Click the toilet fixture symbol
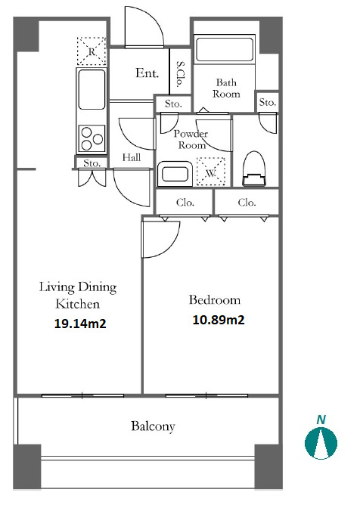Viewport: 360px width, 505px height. click(255, 169)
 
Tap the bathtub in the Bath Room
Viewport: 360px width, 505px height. click(225, 50)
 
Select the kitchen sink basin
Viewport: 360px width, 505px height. click(92, 89)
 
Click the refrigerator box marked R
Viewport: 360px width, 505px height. click(92, 51)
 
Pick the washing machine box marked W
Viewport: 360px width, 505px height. click(211, 172)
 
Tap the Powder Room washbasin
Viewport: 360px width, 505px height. click(175, 174)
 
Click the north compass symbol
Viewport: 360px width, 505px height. click(321, 442)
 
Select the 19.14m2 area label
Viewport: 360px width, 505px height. click(80, 324)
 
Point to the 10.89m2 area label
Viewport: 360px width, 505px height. click(218, 320)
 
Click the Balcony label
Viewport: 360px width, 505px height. click(153, 426)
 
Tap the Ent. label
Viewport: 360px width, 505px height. click(147, 73)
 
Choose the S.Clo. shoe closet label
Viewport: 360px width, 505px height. click(180, 74)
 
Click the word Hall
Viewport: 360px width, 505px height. click(132, 157)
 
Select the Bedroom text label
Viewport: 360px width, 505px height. click(215, 300)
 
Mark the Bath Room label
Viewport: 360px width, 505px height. click(226, 88)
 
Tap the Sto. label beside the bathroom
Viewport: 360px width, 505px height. click(268, 102)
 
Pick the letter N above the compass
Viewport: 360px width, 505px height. click(321, 420)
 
